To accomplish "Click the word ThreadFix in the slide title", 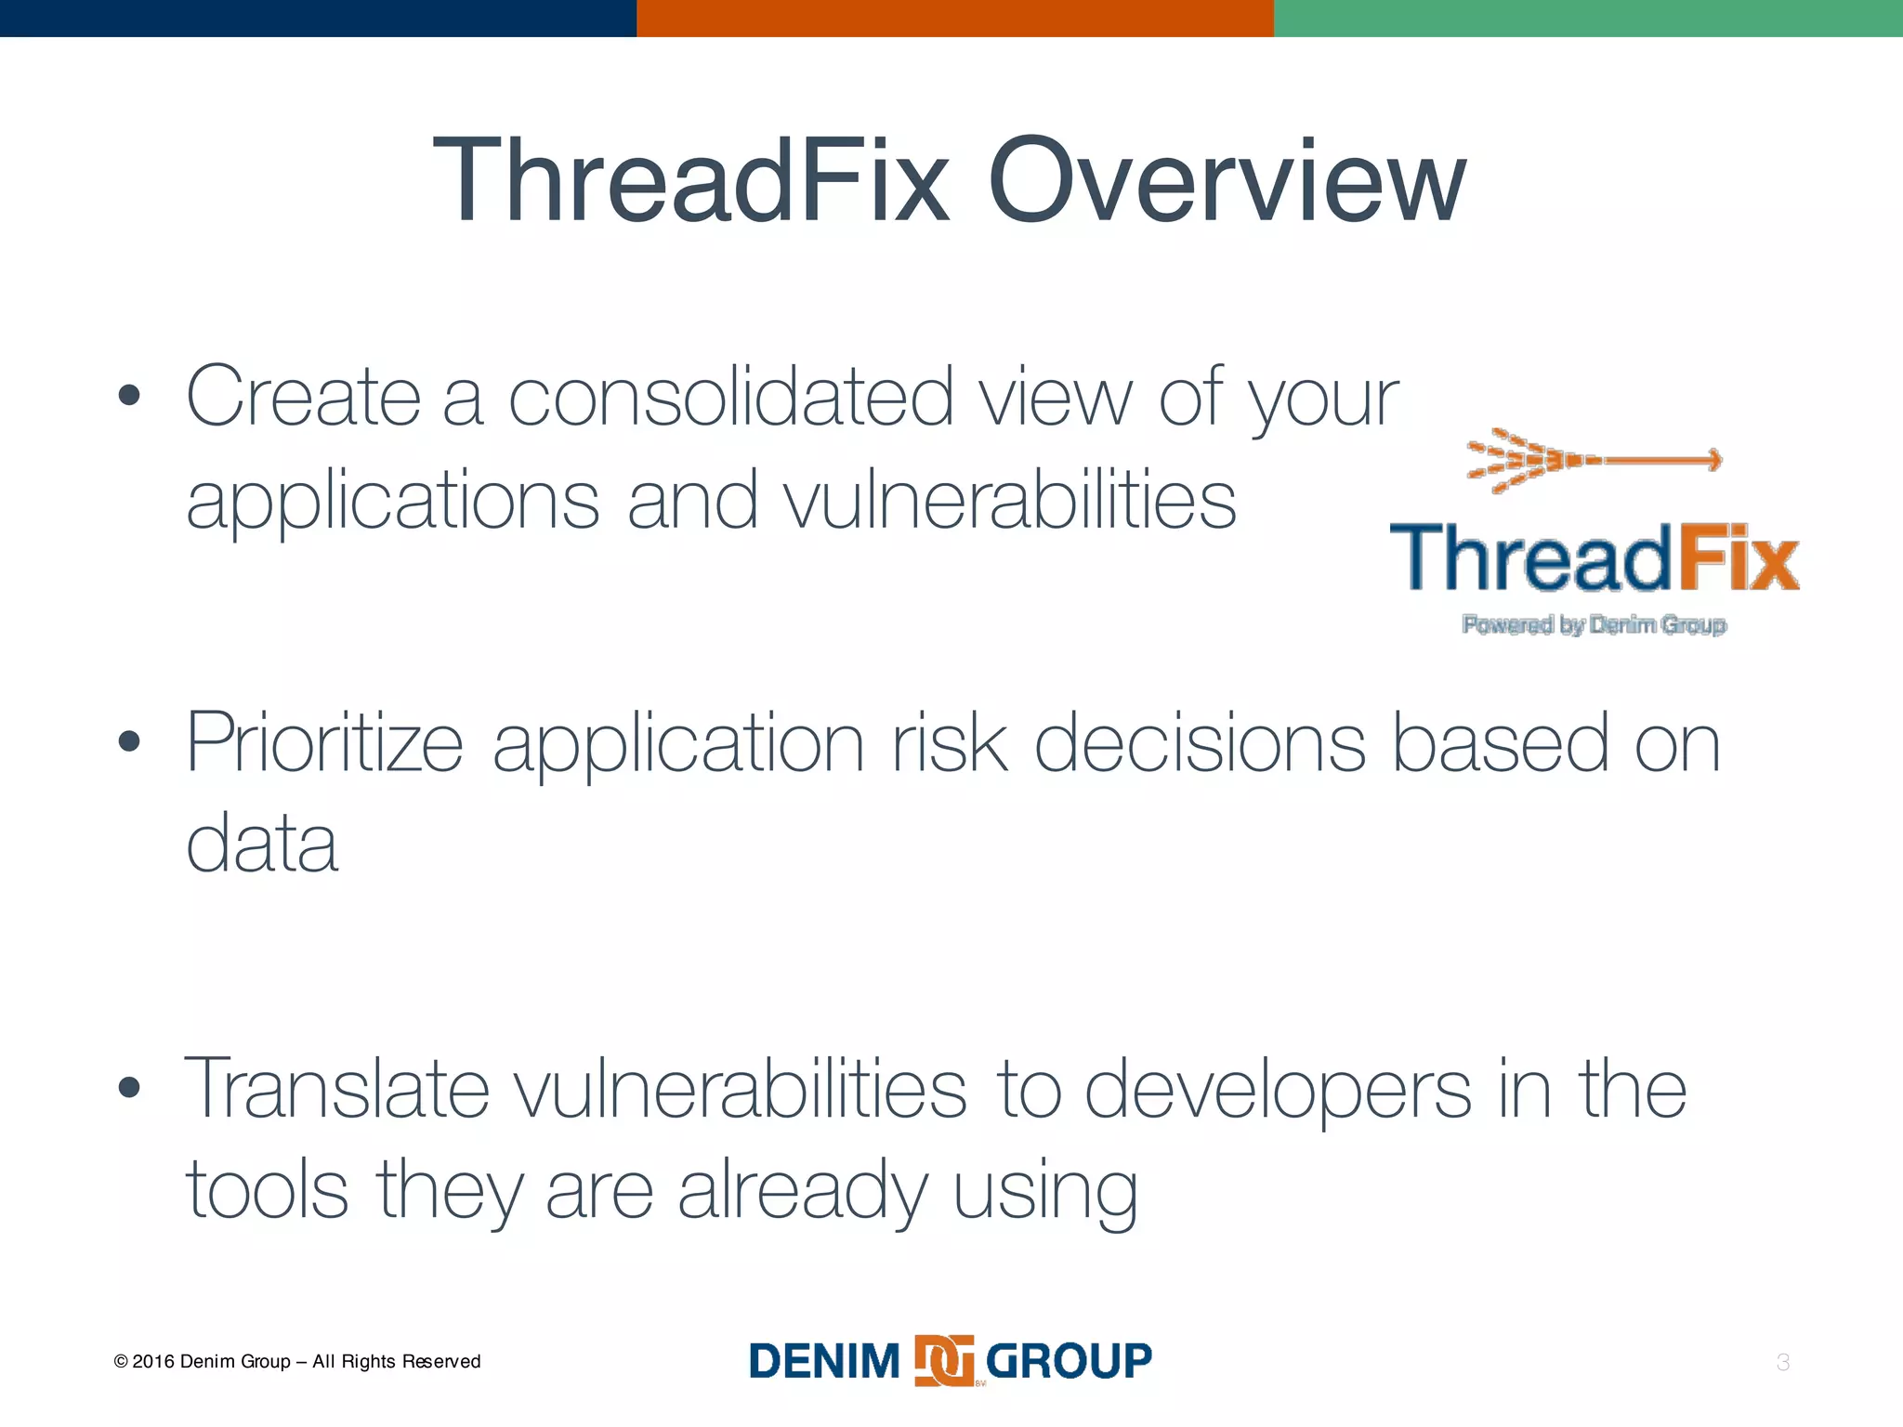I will click(x=691, y=181).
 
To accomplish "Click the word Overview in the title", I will click(x=1227, y=181).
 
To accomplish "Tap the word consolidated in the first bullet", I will click(x=731, y=398).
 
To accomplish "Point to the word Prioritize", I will click(x=324, y=743).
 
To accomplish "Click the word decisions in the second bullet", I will click(x=1200, y=743).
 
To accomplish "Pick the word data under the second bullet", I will click(x=262, y=844).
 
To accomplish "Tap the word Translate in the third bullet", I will click(x=336, y=1089).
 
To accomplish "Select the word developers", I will click(x=1278, y=1089).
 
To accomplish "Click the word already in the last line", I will click(x=802, y=1191).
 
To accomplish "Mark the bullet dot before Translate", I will click(x=129, y=1088).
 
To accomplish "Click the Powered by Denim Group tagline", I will click(x=1594, y=625).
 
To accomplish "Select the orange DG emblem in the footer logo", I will click(x=944, y=1361).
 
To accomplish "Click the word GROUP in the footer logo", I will click(x=1069, y=1361).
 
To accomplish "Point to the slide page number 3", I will click(x=1782, y=1363).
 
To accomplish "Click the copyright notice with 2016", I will click(x=297, y=1362).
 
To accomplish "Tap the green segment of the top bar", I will click(x=1587, y=18).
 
